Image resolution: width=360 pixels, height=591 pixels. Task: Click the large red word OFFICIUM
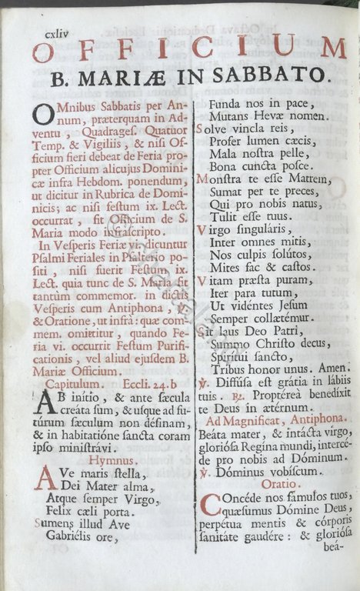[x=189, y=49]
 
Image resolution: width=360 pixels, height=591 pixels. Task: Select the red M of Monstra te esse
[x=204, y=180]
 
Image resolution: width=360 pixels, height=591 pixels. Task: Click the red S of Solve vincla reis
[x=201, y=130]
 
